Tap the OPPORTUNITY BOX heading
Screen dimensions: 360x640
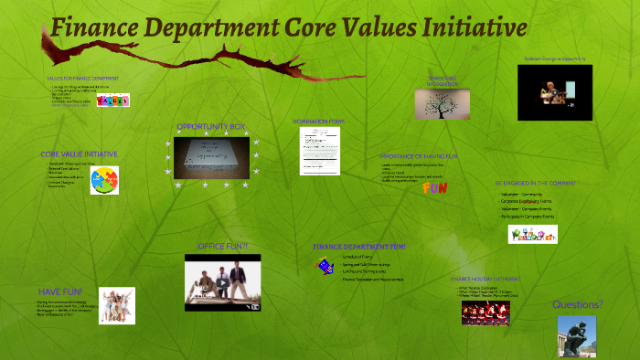pos(211,126)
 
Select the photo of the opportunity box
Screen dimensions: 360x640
pos(212,157)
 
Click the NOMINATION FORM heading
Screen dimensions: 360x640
pos(319,122)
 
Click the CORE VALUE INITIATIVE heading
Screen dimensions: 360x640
pos(79,154)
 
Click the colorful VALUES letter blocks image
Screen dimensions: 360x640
pos(112,101)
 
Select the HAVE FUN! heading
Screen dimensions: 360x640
pos(60,291)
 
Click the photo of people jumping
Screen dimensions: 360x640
pos(117,305)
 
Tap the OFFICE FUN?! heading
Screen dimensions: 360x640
pos(222,247)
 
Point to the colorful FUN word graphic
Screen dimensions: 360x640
pos(434,188)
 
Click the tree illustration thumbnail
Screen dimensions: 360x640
pos(443,104)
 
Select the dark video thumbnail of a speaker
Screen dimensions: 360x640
pos(554,92)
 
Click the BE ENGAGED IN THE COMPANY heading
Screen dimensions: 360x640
pos(536,183)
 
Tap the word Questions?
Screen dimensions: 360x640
pos(577,304)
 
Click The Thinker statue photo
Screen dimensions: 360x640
pos(576,336)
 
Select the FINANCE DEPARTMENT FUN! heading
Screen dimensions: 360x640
pos(359,247)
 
